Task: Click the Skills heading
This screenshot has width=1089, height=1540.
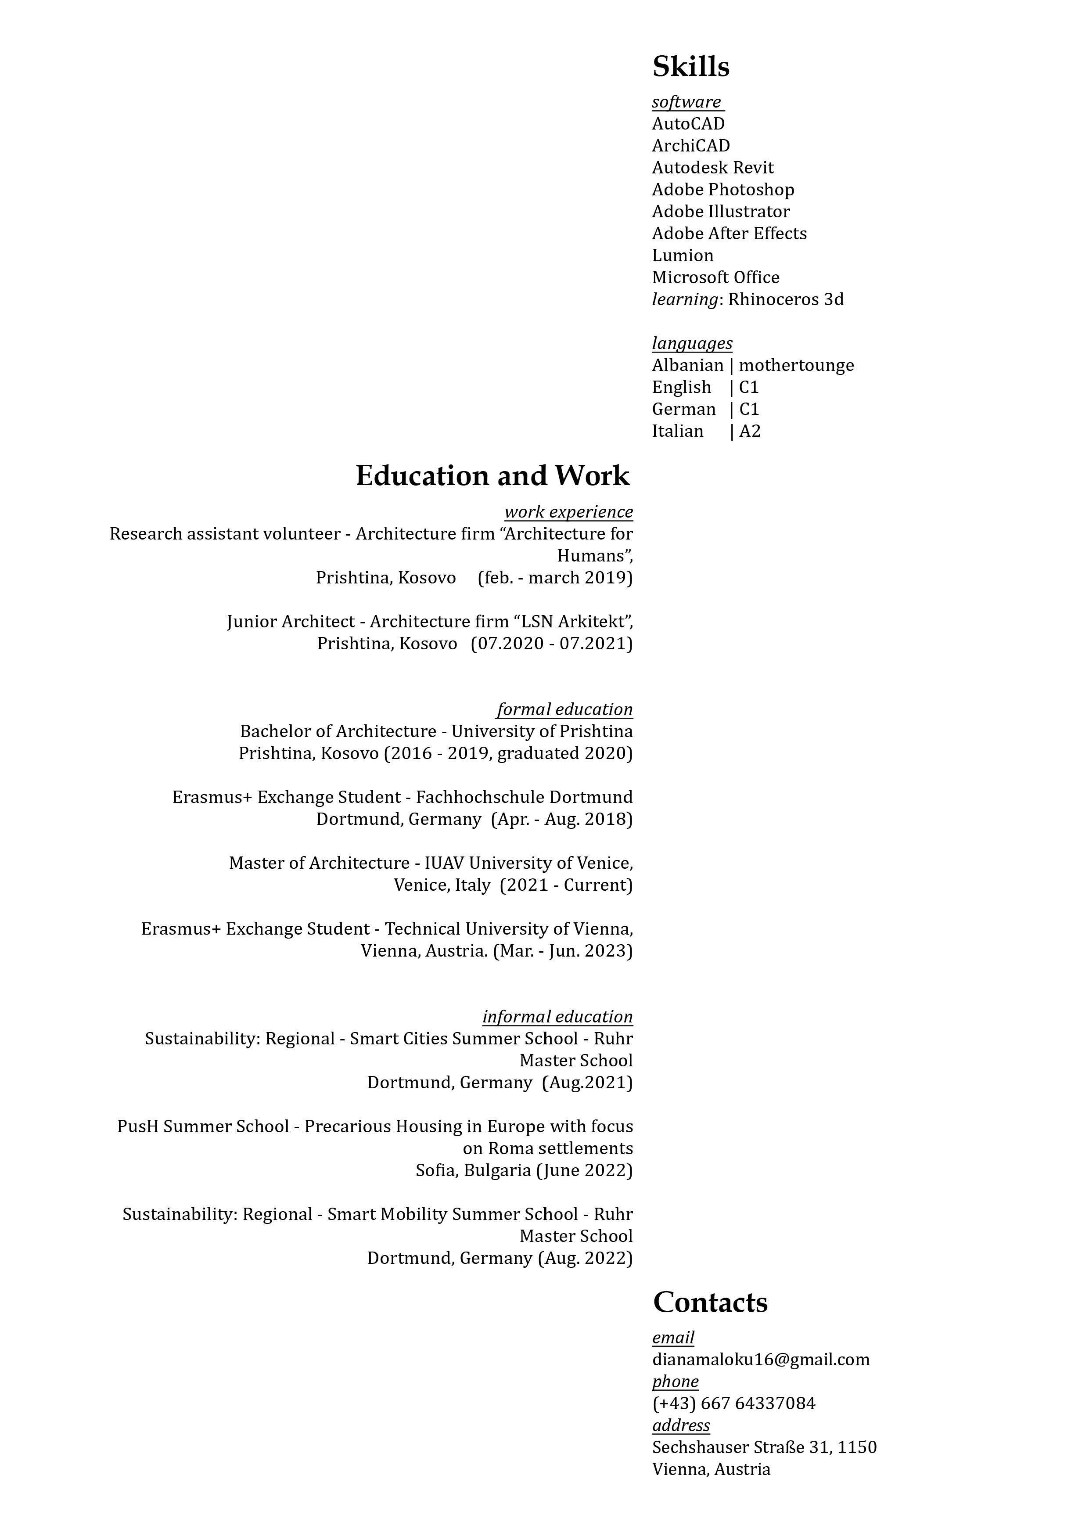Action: point(691,66)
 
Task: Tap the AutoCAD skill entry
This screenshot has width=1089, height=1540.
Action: point(688,124)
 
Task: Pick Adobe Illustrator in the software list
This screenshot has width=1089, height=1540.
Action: point(721,212)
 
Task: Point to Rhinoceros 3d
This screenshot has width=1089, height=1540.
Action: point(786,300)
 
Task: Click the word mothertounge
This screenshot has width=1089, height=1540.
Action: point(797,366)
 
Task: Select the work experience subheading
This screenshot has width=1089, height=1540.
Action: point(568,512)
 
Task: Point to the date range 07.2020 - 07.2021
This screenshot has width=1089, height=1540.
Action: point(551,644)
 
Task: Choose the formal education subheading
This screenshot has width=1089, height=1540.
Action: point(564,709)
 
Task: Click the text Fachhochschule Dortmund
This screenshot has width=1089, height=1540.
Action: point(524,798)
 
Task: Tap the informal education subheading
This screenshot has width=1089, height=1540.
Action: point(557,1017)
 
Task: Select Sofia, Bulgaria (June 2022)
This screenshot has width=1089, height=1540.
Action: point(524,1170)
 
